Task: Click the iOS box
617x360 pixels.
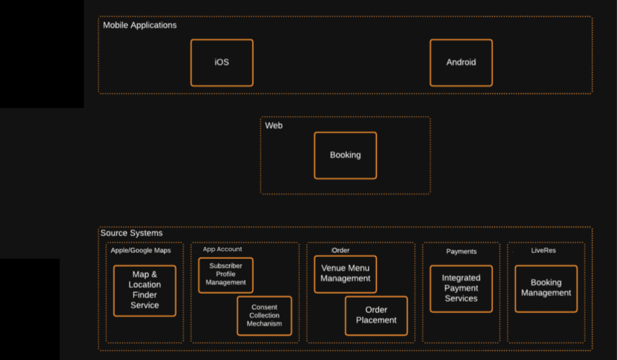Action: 222,63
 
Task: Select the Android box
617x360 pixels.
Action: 461,63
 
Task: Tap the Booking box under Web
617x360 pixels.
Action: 345,155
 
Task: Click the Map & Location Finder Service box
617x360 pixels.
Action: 144,291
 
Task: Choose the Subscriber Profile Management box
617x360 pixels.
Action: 225,275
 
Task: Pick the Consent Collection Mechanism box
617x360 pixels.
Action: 264,316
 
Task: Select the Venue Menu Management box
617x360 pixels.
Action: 345,274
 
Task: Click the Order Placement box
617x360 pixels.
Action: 376,316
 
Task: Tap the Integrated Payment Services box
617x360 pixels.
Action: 461,289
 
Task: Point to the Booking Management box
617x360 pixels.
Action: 546,288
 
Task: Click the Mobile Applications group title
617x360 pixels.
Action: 139,25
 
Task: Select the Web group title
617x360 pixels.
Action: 274,125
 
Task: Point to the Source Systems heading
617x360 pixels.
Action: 131,233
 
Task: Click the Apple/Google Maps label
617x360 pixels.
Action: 140,250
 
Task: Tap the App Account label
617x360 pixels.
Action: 222,249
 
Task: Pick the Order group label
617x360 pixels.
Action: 340,250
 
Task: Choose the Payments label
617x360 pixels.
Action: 461,251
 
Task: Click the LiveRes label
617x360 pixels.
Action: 543,250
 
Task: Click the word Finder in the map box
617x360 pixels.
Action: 144,295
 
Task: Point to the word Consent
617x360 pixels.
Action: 264,307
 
